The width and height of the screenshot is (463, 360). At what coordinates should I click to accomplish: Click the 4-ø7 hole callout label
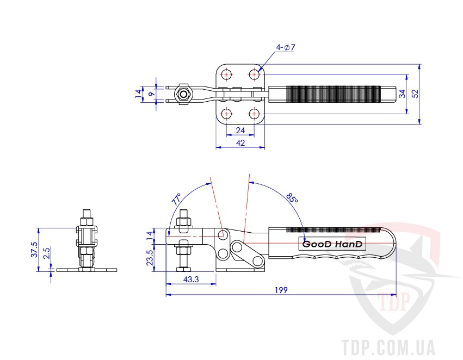coord(286,47)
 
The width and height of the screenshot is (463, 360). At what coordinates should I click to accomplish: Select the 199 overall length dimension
coord(281,290)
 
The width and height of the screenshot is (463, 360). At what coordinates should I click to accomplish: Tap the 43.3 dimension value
coord(191,279)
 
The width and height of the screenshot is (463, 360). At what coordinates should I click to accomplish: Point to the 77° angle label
coord(176,200)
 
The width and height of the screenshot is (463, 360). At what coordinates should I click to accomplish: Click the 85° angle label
coord(292,198)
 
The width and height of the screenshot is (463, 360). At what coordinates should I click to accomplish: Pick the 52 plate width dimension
coord(415,94)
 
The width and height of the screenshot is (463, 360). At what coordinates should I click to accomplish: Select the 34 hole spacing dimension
coord(402,94)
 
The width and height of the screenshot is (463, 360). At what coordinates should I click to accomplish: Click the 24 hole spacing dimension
coord(240,130)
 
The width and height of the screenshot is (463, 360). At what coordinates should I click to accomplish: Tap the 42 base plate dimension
coord(240,143)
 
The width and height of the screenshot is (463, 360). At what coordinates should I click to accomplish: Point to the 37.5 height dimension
coord(34,250)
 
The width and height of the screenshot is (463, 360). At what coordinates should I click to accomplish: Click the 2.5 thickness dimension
coord(47,253)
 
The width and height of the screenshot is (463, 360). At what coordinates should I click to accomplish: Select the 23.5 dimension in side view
coord(150,257)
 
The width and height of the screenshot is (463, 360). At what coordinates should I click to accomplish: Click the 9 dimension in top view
coord(151,94)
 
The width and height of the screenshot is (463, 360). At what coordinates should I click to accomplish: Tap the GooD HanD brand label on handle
coord(332,244)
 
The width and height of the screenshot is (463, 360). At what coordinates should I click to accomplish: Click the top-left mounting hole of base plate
coord(226,75)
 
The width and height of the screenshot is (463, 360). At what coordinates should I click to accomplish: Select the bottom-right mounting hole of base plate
coord(254,113)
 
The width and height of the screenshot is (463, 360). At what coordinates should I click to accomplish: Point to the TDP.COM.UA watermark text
coord(388,347)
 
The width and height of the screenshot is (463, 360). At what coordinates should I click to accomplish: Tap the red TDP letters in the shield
coord(394,301)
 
